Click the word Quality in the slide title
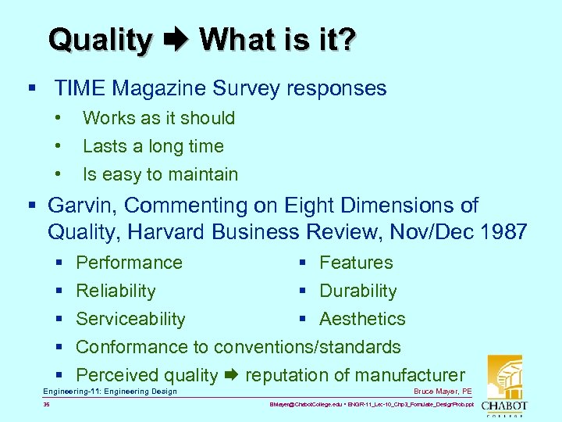coord(100,40)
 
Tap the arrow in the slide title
coord(176,40)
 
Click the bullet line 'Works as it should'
coord(158,118)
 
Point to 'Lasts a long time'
coord(153,146)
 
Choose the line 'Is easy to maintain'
coord(160,174)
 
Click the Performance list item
coord(129,263)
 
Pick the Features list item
coord(356,263)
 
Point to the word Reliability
coord(116,291)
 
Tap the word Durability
coord(358,291)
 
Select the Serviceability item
coord(130,319)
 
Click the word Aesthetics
coord(362,319)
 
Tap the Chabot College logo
coord(504,387)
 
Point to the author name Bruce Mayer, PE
coord(443,391)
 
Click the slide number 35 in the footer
coord(47,405)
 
